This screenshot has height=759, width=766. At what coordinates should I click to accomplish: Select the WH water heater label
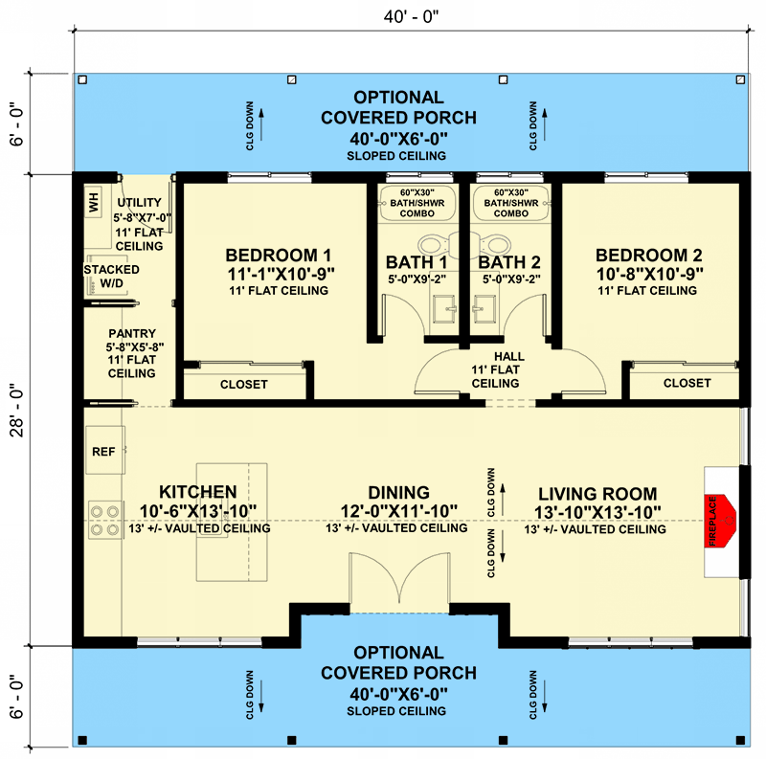(94, 203)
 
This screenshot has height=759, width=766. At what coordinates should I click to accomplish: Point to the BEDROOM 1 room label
(278, 256)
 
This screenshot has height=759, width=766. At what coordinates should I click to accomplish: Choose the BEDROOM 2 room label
(648, 256)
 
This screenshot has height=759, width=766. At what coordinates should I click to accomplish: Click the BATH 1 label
(417, 261)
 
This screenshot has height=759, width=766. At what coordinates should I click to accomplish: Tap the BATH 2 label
(509, 261)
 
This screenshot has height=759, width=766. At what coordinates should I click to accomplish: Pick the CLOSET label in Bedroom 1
(243, 384)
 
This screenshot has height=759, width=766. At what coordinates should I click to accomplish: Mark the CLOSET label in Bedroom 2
(687, 383)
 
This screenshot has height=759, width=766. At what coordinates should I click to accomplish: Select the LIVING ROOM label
(595, 492)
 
